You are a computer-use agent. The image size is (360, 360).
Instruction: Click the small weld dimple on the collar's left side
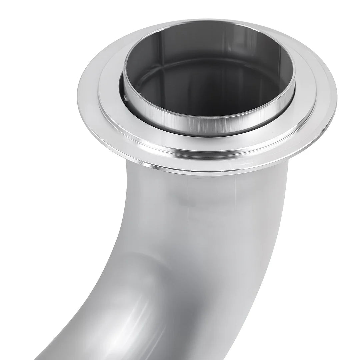coord(125,97)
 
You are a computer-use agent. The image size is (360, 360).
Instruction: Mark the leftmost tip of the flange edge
coord(77,97)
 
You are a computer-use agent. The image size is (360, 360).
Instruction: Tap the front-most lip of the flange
coord(207,174)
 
